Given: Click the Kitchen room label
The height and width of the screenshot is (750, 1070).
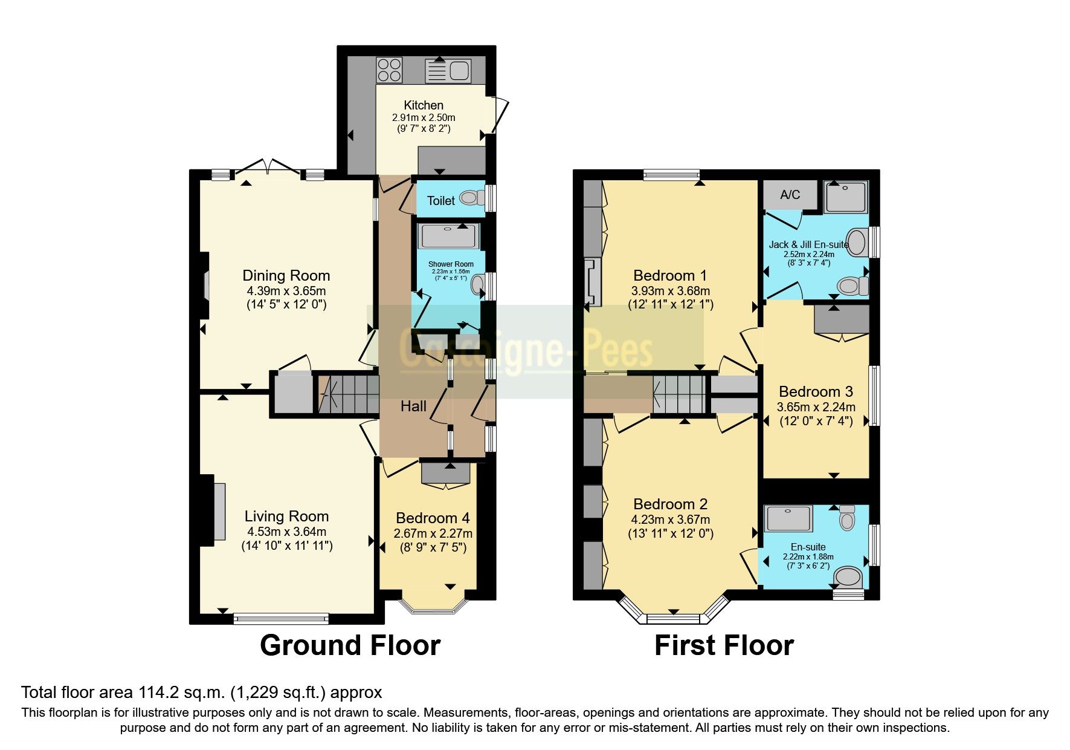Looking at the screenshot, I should (424, 105).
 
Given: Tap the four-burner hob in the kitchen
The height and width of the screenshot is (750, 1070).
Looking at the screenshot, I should (389, 70).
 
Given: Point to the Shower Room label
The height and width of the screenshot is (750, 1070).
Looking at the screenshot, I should (451, 264).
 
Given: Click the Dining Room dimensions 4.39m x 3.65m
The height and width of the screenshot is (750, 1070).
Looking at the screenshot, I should (286, 291).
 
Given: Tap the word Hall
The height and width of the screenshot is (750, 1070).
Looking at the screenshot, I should (413, 406).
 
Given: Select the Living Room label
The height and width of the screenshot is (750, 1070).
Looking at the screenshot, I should (286, 516).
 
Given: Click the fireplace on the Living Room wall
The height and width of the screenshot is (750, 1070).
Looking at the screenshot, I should (219, 512).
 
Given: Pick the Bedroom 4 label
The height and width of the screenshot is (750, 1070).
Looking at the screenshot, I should (433, 518).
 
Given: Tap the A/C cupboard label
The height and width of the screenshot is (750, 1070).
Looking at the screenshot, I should (790, 195).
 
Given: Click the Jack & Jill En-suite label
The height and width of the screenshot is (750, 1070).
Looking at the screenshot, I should (808, 244).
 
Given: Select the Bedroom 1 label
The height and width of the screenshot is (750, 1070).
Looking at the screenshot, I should (670, 275).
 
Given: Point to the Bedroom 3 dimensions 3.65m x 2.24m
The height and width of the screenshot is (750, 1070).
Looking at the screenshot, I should (816, 407).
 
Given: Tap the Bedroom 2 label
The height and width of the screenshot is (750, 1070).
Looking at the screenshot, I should (670, 504).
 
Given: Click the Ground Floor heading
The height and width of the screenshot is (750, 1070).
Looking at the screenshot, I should (350, 645).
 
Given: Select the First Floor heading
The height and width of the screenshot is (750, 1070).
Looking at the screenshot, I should (724, 645).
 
